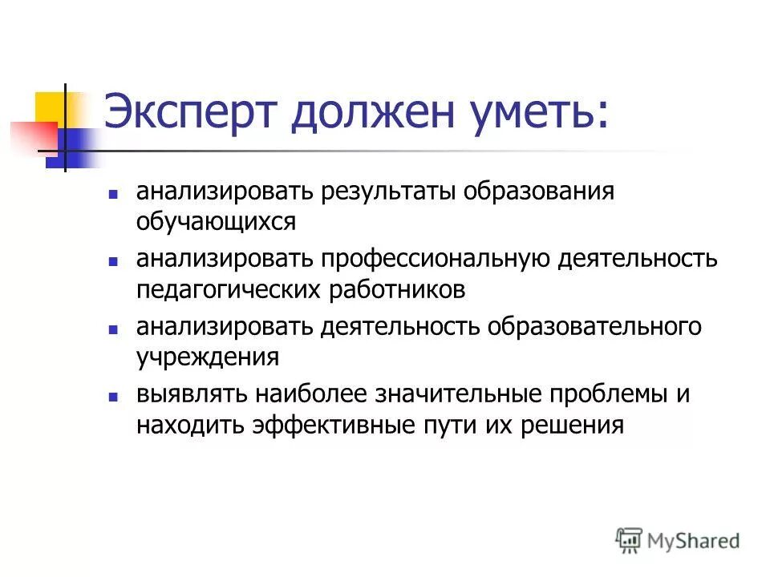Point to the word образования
[x=546, y=193]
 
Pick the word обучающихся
[x=216, y=220]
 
